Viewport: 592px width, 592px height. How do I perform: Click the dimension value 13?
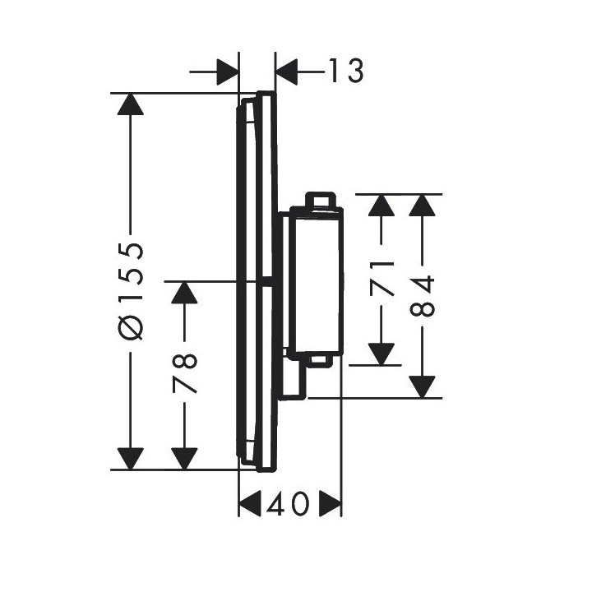tap(346, 71)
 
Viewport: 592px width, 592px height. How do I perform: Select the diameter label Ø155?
tap(131, 291)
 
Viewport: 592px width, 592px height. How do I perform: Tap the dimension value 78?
tap(185, 373)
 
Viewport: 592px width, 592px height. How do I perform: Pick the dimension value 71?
tap(382, 278)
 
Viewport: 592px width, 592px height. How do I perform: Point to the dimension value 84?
tap(422, 296)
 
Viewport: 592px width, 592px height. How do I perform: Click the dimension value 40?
tap(288, 504)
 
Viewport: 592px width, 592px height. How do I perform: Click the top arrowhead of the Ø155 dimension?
tap(131, 104)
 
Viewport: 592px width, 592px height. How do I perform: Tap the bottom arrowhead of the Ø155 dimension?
tap(131, 459)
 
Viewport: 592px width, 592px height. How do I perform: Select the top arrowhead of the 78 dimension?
tap(184, 293)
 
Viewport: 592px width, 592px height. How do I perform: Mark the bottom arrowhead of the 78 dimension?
tap(184, 459)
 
